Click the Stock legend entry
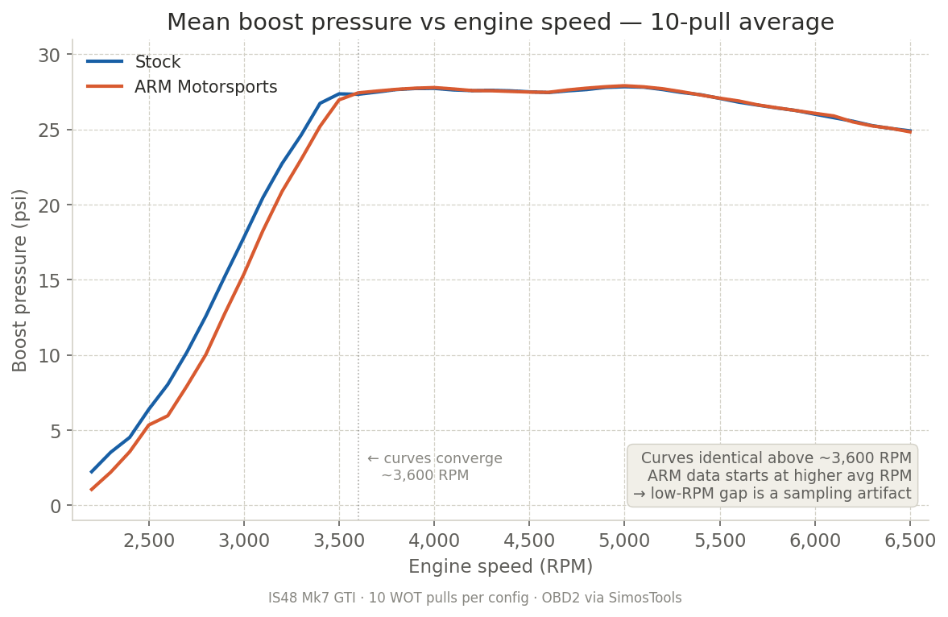(x=157, y=62)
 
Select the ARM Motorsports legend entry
(x=205, y=87)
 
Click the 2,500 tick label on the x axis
(x=149, y=540)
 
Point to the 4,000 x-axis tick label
(x=434, y=540)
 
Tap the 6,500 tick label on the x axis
(x=909, y=540)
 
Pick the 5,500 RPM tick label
(x=719, y=540)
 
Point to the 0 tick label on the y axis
(x=56, y=506)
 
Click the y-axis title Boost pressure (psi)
(x=20, y=280)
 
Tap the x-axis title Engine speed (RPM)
(x=500, y=567)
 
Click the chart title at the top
(x=500, y=23)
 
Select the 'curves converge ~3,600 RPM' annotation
(x=435, y=467)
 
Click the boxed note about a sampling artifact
(x=772, y=475)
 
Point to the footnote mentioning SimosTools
(x=474, y=598)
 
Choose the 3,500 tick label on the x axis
(x=339, y=540)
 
